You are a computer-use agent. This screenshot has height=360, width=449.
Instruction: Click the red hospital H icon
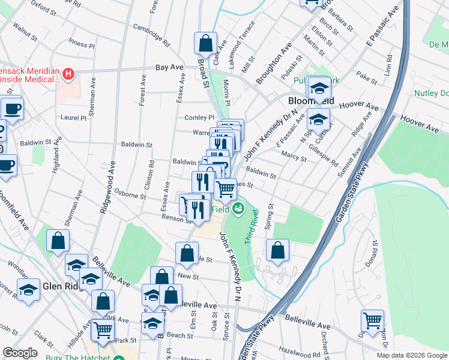tap(69, 75)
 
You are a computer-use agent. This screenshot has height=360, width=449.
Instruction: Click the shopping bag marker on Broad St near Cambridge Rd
tap(205, 43)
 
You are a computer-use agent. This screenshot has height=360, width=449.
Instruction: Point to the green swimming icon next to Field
tap(239, 209)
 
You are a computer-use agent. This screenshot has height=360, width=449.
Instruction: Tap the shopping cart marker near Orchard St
tap(372, 320)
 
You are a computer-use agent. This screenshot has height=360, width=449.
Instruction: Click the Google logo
tap(20, 353)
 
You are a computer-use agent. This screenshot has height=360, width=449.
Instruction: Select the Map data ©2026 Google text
tap(411, 355)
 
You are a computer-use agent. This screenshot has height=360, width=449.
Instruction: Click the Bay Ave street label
tap(169, 68)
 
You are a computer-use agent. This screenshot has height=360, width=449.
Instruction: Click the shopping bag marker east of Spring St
tap(277, 250)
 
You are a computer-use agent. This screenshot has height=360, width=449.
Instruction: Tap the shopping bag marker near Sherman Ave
tap(58, 241)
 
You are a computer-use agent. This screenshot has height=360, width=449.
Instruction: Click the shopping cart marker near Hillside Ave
tap(103, 329)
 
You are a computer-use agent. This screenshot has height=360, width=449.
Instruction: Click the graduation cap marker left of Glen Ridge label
tap(28, 290)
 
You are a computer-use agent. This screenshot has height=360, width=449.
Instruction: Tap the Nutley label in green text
tap(430, 93)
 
